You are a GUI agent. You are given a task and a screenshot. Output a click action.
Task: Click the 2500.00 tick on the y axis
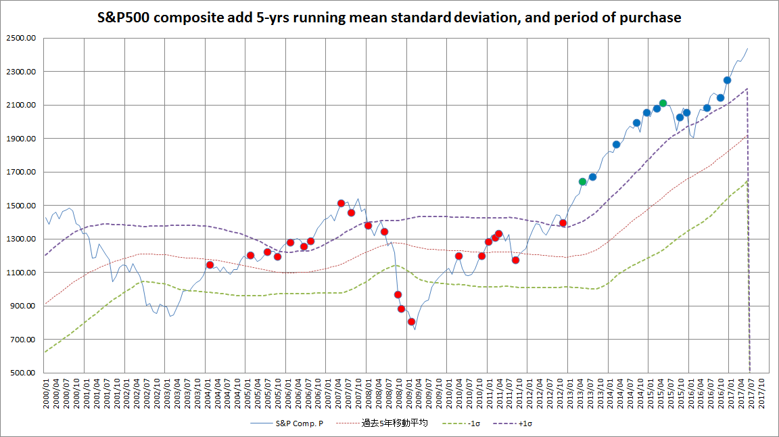(x=22, y=39)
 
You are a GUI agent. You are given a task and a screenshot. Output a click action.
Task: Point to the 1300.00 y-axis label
(x=22, y=239)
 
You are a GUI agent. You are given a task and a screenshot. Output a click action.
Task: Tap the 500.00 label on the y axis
(x=24, y=373)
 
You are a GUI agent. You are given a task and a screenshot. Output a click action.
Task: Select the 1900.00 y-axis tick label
(x=22, y=139)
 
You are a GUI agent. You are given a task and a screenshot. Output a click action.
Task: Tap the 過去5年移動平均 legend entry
(x=395, y=424)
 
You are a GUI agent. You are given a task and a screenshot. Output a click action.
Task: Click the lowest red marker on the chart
(x=411, y=322)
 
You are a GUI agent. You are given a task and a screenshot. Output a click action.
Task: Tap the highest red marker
(x=341, y=203)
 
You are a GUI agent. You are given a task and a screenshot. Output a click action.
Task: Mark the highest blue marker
(x=727, y=80)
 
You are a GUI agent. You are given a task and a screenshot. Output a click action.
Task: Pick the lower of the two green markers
(x=582, y=181)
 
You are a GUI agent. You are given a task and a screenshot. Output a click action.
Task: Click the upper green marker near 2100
(x=663, y=103)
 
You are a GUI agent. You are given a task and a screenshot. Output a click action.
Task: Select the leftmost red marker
(x=210, y=264)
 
